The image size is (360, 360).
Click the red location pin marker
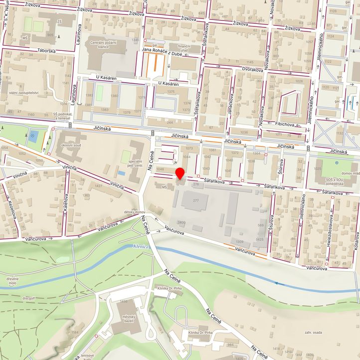[x=180, y=174]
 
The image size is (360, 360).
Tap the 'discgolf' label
[x=29, y=299]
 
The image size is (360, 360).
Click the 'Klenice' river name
[x=142, y=246]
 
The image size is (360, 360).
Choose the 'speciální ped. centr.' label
[x=136, y=164]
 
